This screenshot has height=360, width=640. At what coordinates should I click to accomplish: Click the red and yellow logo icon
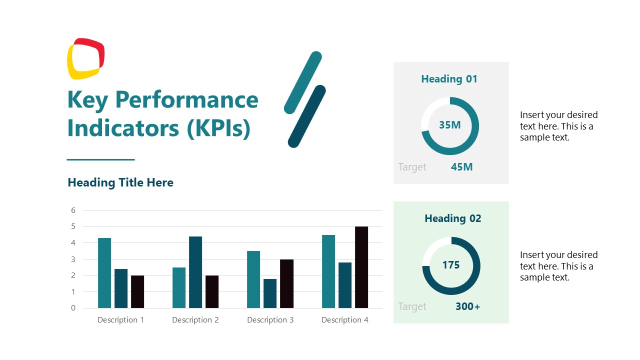tap(85, 58)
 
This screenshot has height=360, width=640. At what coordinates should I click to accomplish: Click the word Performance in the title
tap(186, 99)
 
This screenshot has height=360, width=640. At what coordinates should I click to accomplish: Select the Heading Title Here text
tap(120, 182)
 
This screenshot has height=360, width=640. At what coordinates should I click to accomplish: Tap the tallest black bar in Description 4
tap(361, 267)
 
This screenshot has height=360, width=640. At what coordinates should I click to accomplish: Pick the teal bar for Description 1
tap(104, 273)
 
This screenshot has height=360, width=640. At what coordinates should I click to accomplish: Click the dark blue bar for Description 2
tap(195, 272)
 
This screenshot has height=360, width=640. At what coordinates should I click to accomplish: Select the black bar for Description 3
tap(286, 283)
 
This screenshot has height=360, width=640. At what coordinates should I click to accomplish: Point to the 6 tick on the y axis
tap(73, 210)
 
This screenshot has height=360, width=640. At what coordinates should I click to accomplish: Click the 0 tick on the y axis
tap(73, 308)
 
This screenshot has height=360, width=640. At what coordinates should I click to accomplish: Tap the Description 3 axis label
tap(270, 320)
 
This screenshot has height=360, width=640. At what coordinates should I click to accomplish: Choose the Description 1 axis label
tap(121, 320)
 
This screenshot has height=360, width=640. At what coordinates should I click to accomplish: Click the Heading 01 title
tap(449, 79)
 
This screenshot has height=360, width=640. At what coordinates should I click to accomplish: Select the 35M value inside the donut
tap(449, 125)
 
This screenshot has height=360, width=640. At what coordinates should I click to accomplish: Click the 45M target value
tap(461, 167)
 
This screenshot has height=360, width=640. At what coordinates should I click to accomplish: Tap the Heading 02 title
tap(452, 218)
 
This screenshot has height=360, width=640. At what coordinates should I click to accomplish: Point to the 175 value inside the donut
tap(451, 265)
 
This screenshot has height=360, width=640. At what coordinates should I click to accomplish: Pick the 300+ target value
tap(467, 306)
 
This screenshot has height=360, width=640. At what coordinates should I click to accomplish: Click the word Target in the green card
tap(412, 306)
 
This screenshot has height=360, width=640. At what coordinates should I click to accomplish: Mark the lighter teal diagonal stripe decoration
tap(302, 82)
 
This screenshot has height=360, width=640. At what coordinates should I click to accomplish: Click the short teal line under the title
tap(100, 159)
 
